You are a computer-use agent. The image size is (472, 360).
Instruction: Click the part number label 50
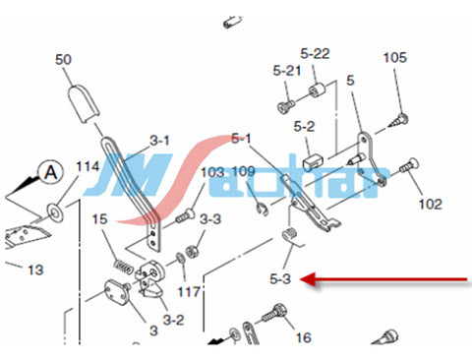pyautogui.click(x=63, y=60)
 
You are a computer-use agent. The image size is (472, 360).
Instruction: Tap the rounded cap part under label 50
pyautogui.click(x=83, y=103)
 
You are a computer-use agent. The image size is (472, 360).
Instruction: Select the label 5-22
pyautogui.click(x=315, y=53)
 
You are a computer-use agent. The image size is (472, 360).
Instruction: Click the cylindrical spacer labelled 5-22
pyautogui.click(x=317, y=90)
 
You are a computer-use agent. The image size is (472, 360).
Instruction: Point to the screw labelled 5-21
pyautogui.click(x=286, y=106)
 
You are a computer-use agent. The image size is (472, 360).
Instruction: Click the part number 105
pyautogui.click(x=395, y=58)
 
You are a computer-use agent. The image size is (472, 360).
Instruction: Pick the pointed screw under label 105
pyautogui.click(x=398, y=121)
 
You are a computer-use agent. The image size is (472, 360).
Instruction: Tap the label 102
pyautogui.click(x=431, y=205)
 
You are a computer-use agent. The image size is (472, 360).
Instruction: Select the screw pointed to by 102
pyautogui.click(x=409, y=165)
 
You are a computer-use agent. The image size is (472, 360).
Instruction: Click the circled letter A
pyautogui.click(x=51, y=172)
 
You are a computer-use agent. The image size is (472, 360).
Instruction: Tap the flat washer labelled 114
pyautogui.click(x=55, y=212)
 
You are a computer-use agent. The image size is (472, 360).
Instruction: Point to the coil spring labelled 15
pyautogui.click(x=124, y=267)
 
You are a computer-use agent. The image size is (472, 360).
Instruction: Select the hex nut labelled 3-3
pyautogui.click(x=191, y=252)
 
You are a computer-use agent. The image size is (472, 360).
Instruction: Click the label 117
pyautogui.click(x=189, y=291)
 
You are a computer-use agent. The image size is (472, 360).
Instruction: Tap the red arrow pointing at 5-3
pyautogui.click(x=383, y=279)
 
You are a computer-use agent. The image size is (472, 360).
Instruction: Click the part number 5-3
pyautogui.click(x=280, y=279)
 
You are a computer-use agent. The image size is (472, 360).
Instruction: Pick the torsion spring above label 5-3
pyautogui.click(x=292, y=237)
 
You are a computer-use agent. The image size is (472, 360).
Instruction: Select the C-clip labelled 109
pyautogui.click(x=263, y=210)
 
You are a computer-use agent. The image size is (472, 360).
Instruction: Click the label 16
pyautogui.click(x=303, y=337)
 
